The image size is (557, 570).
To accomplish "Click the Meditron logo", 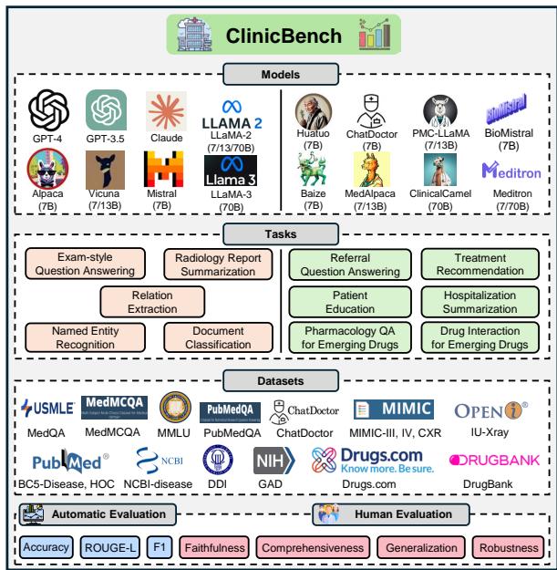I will (509, 171).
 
